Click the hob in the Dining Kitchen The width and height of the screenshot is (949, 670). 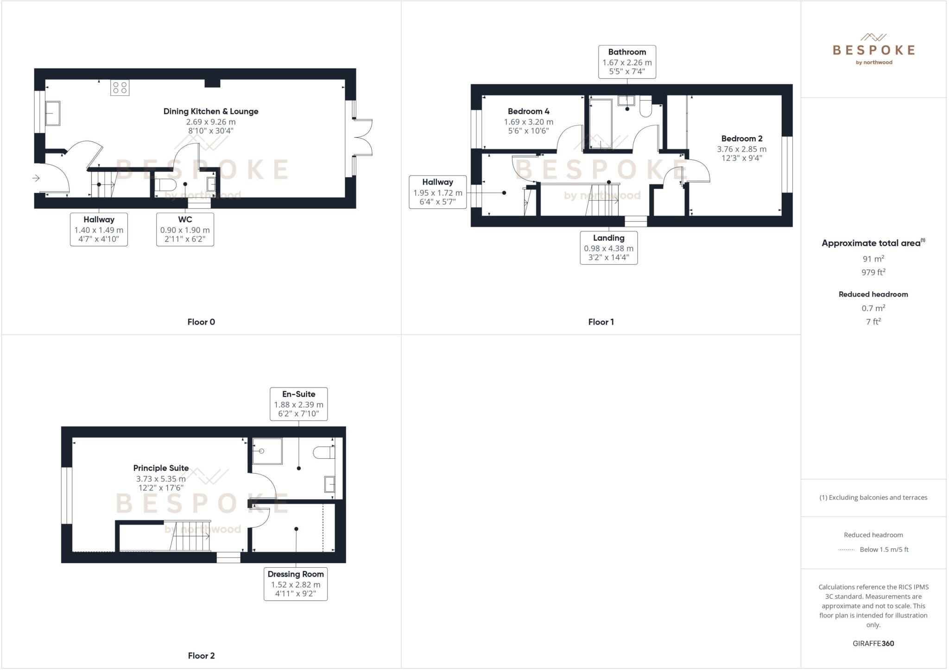(120, 88)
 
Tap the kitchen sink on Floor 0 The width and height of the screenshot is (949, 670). (52, 113)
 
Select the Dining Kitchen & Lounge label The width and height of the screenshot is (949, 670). (211, 112)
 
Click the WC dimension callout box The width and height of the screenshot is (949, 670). (185, 229)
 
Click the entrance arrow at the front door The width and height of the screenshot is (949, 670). (36, 178)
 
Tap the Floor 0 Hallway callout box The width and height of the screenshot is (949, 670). (99, 229)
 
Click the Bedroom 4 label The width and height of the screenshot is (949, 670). (528, 112)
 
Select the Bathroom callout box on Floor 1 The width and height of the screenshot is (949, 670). (627, 62)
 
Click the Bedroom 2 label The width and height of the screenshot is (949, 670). (741, 138)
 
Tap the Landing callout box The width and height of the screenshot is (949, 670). (608, 248)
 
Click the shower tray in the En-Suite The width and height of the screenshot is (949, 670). (267, 451)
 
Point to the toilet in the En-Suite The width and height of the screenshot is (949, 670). (324, 452)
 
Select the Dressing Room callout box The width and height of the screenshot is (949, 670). (296, 584)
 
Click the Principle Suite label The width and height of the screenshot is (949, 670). (161, 468)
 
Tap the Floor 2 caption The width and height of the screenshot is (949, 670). (201, 656)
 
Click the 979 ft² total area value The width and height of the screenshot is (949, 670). (873, 272)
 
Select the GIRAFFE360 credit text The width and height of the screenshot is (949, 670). (873, 643)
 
